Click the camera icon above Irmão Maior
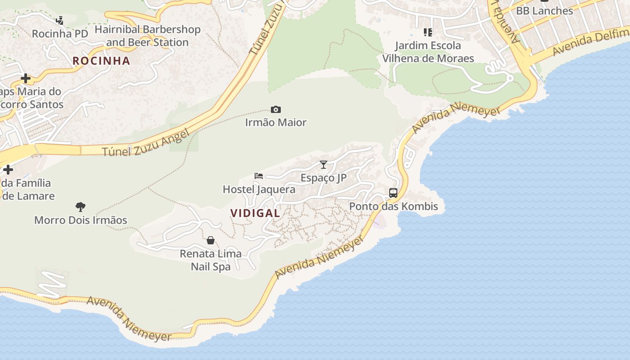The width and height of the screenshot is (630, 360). click(x=276, y=109)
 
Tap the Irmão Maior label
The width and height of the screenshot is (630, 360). click(x=276, y=122)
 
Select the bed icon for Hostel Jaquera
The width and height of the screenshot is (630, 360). click(x=259, y=175)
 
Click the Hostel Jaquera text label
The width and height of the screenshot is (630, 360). click(x=259, y=189)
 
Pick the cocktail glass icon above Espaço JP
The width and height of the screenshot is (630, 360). click(x=324, y=164)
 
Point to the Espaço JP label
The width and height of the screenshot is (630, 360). click(x=324, y=178)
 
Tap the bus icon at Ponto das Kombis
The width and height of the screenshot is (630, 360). click(x=393, y=193)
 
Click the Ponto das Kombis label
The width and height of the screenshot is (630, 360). click(x=394, y=207)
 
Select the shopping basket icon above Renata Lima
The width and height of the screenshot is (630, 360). click(x=211, y=240)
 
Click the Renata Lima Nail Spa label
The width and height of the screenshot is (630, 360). click(x=211, y=260)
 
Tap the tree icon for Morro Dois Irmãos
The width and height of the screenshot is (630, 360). click(x=81, y=207)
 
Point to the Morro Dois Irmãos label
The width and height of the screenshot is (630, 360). click(x=81, y=220)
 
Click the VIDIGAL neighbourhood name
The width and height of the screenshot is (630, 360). click(x=255, y=213)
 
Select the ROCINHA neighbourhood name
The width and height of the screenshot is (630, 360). click(x=101, y=61)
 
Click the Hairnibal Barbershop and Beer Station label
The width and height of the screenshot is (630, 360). click(x=148, y=36)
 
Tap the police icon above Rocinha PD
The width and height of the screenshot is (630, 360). click(x=60, y=20)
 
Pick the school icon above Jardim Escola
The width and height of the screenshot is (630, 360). click(x=428, y=32)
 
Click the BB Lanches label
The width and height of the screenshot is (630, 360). click(x=544, y=11)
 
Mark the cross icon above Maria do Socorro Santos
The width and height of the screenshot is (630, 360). click(x=26, y=78)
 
